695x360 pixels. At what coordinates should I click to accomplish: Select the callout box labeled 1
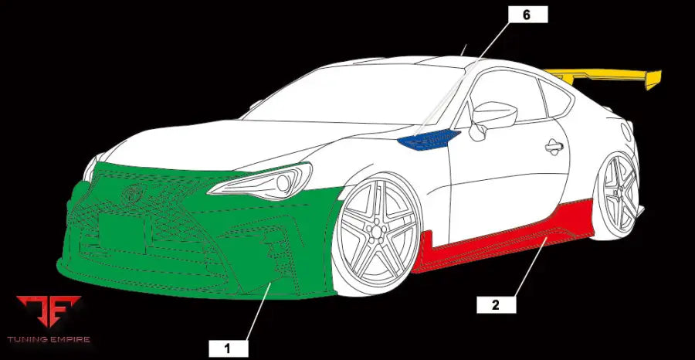(228, 348)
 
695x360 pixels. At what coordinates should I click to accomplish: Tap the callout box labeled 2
(496, 304)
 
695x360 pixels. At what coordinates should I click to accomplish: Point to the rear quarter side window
(558, 100)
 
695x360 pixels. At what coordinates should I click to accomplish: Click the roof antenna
(463, 50)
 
